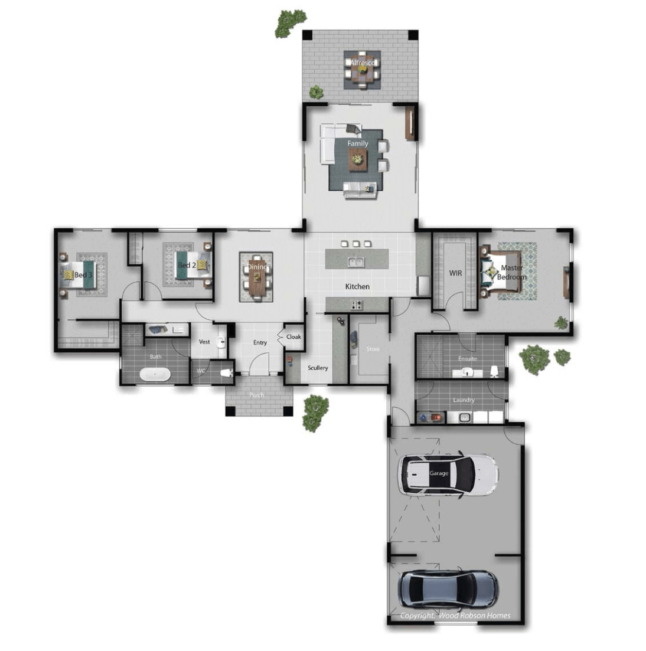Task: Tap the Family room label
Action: (357, 143)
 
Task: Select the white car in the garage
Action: (448, 475)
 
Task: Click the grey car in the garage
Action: (448, 588)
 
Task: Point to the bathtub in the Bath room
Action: (155, 374)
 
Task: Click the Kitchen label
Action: (357, 286)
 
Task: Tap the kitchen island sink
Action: (355, 261)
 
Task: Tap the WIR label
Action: (455, 273)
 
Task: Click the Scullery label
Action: (318, 368)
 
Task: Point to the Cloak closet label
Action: (293, 337)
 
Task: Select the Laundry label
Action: (464, 400)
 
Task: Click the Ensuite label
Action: (468, 359)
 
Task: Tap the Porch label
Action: (257, 395)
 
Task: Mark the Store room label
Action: (373, 349)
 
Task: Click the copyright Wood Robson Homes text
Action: (455, 616)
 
